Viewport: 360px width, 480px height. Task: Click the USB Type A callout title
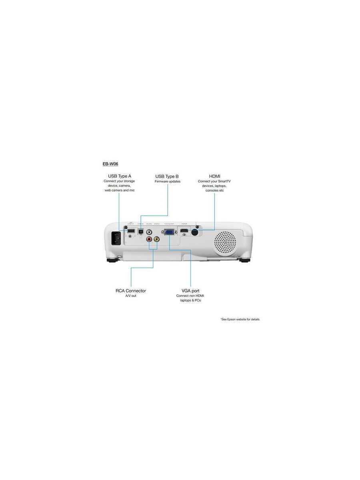pos(119,176)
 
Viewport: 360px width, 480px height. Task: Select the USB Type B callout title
pos(167,176)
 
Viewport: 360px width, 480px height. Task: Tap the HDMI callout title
pos(214,176)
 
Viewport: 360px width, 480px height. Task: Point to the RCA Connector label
pos(131,291)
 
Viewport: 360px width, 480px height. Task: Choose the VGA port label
pos(190,291)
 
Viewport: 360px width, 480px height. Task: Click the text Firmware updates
pos(168,182)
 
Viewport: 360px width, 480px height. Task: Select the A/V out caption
pos(131,296)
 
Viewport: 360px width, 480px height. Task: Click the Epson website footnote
pos(240,320)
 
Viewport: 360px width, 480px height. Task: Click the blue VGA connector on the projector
pos(169,232)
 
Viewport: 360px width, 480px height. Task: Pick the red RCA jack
pos(149,239)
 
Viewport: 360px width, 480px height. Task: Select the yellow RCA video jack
pos(156,239)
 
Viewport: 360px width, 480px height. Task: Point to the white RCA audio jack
pos(149,232)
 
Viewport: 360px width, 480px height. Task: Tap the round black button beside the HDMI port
pos(196,232)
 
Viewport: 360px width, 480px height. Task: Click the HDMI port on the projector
pos(184,232)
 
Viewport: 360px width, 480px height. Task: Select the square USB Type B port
pos(141,231)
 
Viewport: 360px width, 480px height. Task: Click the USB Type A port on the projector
pos(131,231)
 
